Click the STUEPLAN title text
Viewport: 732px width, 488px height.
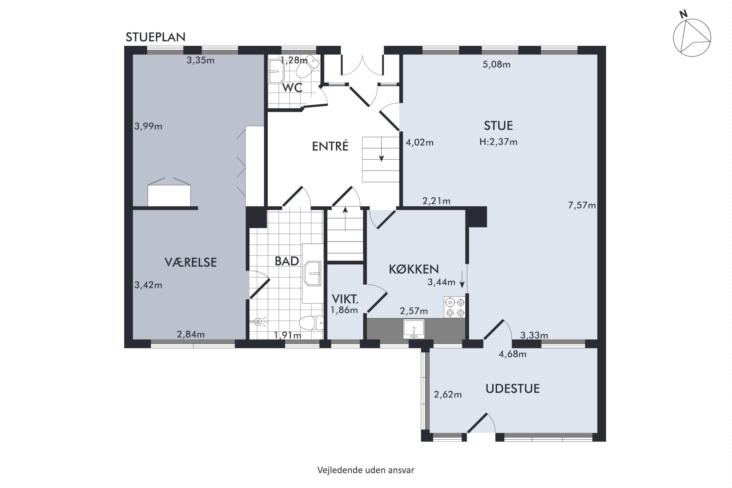click(x=155, y=37)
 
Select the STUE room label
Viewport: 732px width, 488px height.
click(x=498, y=126)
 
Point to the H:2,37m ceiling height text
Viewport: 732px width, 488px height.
click(x=498, y=142)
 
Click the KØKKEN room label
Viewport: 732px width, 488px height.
click(x=414, y=269)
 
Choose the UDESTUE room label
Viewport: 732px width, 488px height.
click(x=513, y=389)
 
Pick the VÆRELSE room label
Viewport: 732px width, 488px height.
click(x=191, y=262)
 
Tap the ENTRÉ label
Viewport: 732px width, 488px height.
click(x=330, y=146)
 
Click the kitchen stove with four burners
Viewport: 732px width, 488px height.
click(x=455, y=307)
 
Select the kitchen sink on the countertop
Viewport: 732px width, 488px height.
click(x=414, y=329)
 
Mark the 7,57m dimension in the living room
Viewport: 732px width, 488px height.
click(x=582, y=205)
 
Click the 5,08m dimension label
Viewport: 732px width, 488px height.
click(x=496, y=64)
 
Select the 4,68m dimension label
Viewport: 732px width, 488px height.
click(x=513, y=354)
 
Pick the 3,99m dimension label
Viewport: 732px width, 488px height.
click(x=148, y=126)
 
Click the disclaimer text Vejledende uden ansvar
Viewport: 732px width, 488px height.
click(x=366, y=470)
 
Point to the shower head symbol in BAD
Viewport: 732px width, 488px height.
click(x=258, y=322)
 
